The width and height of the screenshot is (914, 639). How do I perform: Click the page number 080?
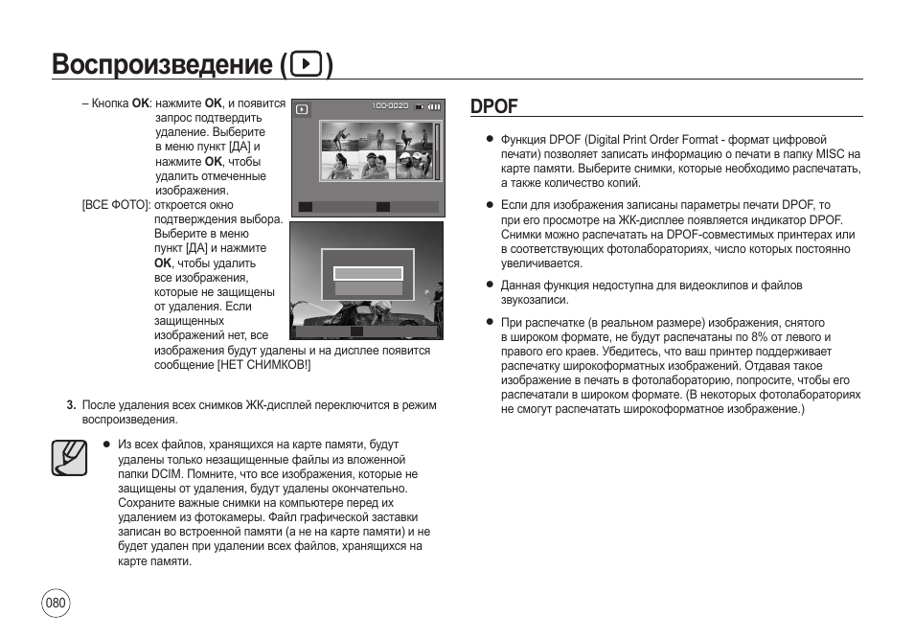point(56,603)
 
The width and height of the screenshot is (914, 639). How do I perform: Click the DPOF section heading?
point(494,106)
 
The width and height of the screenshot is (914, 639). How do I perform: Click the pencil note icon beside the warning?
point(69,457)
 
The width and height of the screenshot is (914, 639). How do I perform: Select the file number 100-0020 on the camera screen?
point(390,105)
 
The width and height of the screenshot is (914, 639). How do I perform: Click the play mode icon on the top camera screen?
point(302,109)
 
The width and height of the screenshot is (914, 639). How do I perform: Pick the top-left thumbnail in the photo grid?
point(339,136)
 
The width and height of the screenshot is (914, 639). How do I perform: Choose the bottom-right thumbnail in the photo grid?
point(415,165)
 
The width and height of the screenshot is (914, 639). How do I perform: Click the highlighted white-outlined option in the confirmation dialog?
point(368,273)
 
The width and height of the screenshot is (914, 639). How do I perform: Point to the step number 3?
point(71,405)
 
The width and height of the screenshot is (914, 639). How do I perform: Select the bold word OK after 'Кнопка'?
point(140,103)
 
